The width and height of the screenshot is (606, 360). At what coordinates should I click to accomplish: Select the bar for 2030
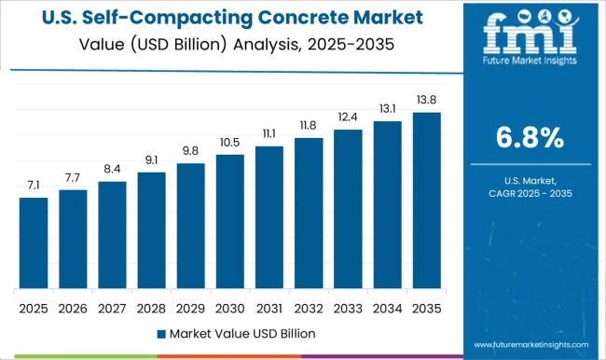(228, 221)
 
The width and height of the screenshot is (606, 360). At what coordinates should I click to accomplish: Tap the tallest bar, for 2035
(425, 200)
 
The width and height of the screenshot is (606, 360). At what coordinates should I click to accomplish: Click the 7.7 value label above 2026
(73, 176)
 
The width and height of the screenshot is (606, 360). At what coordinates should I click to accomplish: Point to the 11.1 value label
(269, 133)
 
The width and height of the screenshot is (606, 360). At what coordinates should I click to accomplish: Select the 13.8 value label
(425, 99)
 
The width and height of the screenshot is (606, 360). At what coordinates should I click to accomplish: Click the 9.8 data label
(190, 150)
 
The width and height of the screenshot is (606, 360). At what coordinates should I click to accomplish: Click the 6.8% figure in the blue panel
(528, 138)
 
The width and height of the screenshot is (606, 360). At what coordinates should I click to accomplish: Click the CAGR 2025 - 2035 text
(528, 193)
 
